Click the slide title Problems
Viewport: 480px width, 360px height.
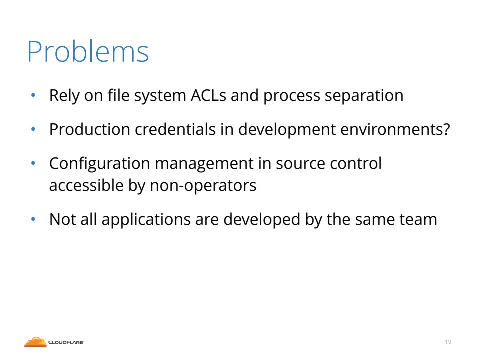88,51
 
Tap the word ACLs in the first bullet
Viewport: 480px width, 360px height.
209,95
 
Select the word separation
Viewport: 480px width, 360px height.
364,96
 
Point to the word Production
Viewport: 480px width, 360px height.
90,129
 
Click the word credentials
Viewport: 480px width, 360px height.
175,129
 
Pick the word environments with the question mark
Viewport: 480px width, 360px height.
395,129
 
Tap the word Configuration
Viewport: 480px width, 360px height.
100,164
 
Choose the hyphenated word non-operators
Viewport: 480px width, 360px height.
203,186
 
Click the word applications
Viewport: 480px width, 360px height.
146,220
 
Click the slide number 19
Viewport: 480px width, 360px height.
448,342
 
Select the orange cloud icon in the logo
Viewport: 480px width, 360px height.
35,342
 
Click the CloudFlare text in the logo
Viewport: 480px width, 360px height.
66,342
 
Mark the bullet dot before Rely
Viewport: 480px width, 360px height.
33,95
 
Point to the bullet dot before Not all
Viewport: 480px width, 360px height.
33,219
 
